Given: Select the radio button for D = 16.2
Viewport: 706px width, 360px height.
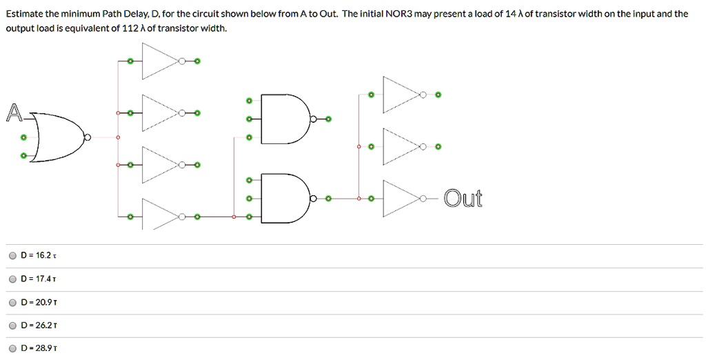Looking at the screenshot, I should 12,255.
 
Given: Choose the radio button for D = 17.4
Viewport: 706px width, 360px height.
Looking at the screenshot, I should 12,279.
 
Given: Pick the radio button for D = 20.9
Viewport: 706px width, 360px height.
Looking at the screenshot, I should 12,302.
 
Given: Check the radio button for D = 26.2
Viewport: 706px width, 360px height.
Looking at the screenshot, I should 12,325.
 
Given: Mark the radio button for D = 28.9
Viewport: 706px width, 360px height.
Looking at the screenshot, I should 12,348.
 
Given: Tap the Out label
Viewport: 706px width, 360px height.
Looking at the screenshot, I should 463,199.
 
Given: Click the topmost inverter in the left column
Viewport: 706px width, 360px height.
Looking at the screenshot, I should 159,61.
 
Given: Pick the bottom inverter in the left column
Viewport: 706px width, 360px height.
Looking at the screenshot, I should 159,217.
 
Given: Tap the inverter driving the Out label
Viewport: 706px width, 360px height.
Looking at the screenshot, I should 400,199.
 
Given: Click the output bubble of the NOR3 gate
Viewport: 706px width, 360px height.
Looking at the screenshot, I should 86,137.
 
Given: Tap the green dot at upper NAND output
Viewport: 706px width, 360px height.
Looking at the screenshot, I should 328,119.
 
